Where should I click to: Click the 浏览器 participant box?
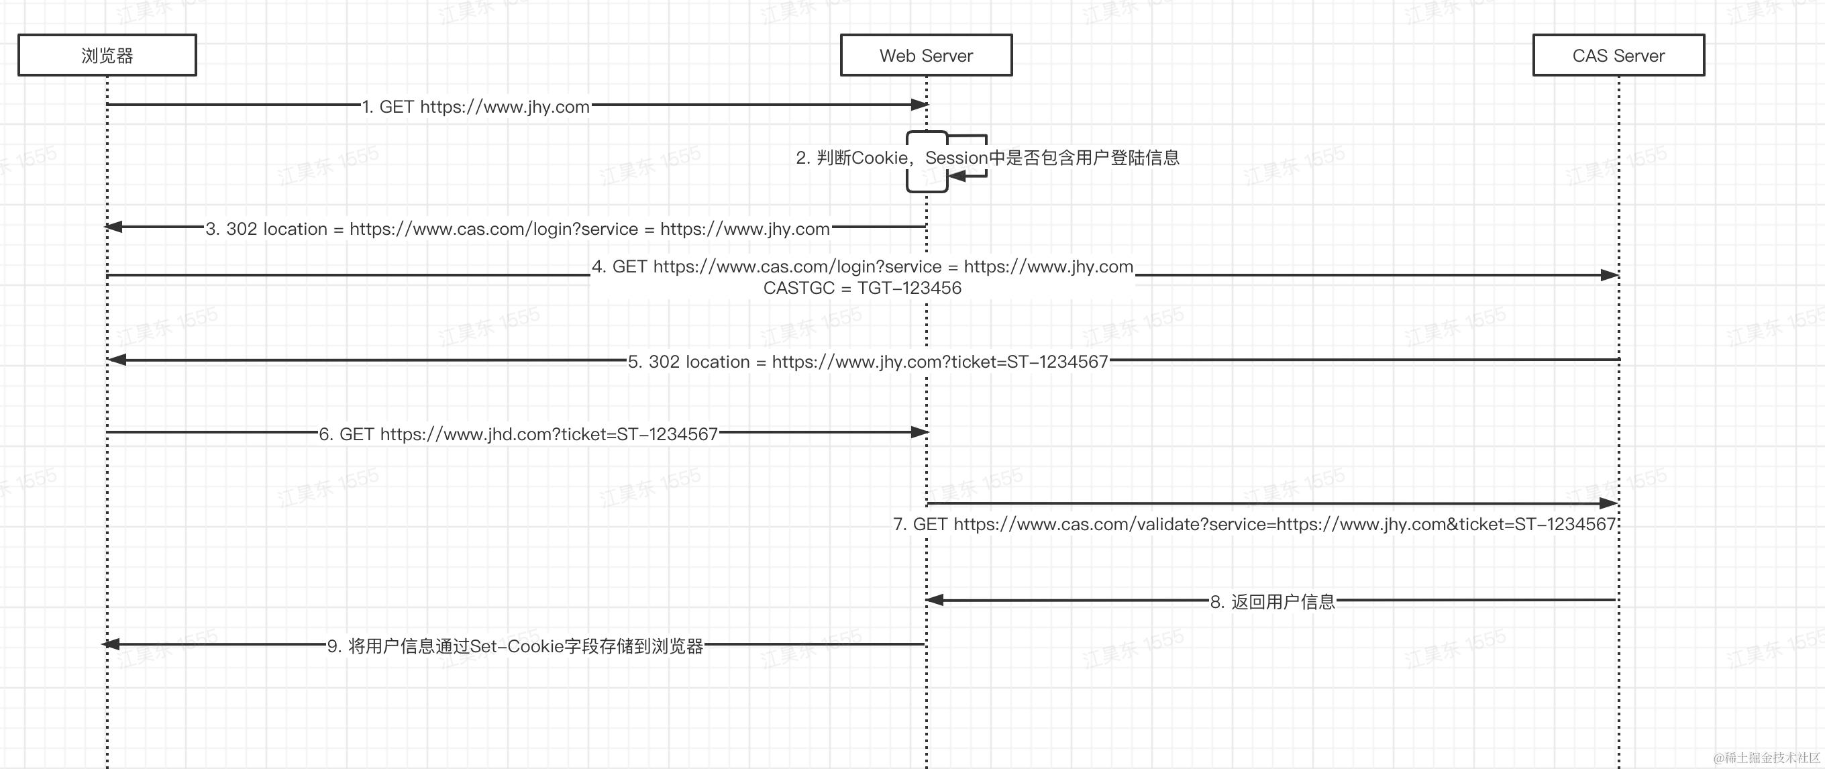pos(107,55)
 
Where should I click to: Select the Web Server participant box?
pos(926,55)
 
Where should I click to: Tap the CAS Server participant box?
pos(1618,55)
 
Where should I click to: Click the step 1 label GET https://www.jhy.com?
pos(476,107)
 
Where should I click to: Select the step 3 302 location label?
pos(518,229)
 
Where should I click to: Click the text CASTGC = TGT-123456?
pos(862,288)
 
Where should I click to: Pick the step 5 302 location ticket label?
pos(868,362)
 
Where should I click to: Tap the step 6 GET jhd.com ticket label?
pos(519,433)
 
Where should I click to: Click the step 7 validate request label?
pos(1254,525)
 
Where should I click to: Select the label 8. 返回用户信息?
pos(1272,602)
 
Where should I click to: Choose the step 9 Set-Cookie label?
pos(515,646)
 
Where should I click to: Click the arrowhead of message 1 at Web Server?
pos(920,105)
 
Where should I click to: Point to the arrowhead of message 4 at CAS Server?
pos(1610,275)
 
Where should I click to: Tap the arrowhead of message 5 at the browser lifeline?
pos(117,360)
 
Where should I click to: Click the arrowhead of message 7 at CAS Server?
pos(1610,503)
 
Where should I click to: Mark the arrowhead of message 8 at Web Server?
pos(935,601)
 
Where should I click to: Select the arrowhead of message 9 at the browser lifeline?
pos(111,644)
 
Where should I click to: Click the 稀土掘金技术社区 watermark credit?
pos(1767,758)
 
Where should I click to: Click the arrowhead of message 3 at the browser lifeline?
pos(113,227)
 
